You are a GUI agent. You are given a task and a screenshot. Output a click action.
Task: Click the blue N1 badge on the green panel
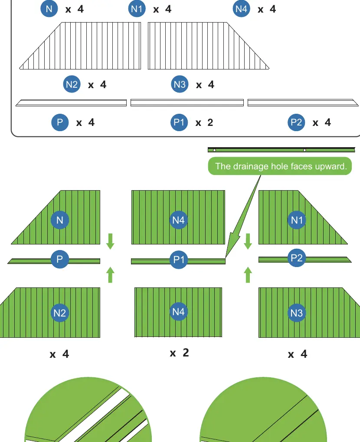click(297, 220)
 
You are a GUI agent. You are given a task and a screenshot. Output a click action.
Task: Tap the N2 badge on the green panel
click(60, 313)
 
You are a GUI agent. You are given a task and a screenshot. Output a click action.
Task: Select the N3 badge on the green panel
click(297, 313)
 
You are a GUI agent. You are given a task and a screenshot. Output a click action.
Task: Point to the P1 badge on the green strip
click(179, 259)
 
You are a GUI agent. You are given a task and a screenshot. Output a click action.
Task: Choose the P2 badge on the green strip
click(297, 257)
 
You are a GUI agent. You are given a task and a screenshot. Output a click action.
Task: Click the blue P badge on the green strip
click(60, 259)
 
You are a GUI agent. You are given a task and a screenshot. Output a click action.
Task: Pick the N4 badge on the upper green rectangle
click(179, 220)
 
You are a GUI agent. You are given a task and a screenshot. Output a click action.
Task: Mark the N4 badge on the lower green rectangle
click(179, 311)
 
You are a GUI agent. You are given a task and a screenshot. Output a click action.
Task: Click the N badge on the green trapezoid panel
click(60, 220)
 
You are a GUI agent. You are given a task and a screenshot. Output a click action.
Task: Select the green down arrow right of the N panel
click(110, 241)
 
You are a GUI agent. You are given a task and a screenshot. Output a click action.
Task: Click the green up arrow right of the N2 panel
click(110, 274)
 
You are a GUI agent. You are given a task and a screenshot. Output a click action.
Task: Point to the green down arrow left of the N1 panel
click(248, 241)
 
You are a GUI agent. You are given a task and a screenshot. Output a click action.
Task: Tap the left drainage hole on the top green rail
click(214, 150)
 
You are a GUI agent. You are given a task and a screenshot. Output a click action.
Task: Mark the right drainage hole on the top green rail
click(304, 150)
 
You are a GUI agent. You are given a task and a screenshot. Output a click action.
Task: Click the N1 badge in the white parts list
click(137, 9)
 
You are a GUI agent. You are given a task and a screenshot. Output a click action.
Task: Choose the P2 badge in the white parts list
click(296, 122)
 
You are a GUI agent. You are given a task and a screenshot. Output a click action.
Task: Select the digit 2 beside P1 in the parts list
click(210, 122)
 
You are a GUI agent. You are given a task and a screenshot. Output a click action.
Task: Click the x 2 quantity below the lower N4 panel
click(180, 353)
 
